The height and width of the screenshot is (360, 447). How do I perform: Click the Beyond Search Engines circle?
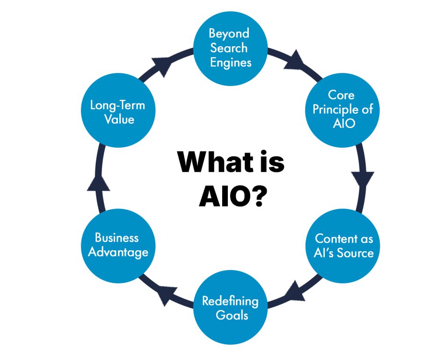tap(230, 48)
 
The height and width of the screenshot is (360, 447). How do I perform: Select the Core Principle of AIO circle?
tap(342, 109)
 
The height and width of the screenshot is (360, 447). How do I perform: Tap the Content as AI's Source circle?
tap(344, 246)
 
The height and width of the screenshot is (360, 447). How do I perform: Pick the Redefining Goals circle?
tap(230, 308)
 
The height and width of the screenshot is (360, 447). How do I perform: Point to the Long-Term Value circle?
tap(117, 112)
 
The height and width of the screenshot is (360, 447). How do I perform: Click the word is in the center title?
tap(268, 163)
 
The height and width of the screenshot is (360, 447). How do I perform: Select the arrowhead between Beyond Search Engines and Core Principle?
tap(294, 60)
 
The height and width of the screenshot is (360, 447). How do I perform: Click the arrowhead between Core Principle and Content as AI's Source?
tap(364, 178)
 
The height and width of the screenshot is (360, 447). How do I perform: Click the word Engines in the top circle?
tap(230, 62)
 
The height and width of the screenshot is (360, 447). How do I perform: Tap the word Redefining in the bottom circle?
tap(230, 301)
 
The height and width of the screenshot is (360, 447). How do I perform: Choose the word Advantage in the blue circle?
tap(118, 252)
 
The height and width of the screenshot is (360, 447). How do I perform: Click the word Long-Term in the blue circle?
tap(117, 105)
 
